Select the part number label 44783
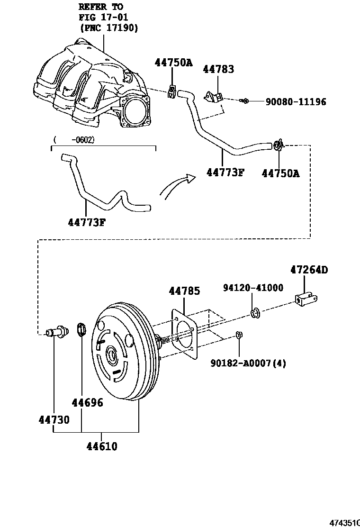(x=218, y=70)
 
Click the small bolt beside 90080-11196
(x=244, y=100)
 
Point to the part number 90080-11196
(x=295, y=101)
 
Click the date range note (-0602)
(x=74, y=139)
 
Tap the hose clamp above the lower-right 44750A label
(x=279, y=145)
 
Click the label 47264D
(x=309, y=270)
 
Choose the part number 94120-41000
(x=253, y=288)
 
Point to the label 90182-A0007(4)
(x=248, y=363)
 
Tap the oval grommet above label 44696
(x=80, y=329)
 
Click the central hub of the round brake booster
(x=113, y=354)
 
